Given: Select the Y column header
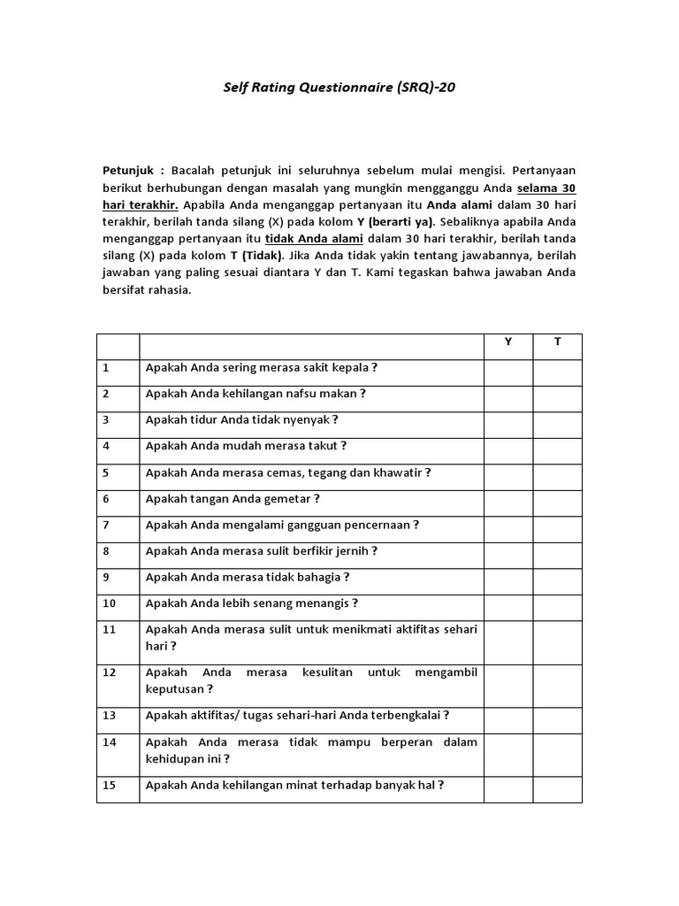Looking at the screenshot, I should [x=507, y=342].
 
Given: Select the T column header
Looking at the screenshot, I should [x=557, y=342].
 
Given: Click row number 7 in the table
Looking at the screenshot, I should [x=106, y=525].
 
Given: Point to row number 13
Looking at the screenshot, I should [x=109, y=715].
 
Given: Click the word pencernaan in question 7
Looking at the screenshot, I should [x=377, y=525].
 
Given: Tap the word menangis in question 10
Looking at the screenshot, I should [x=325, y=603].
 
